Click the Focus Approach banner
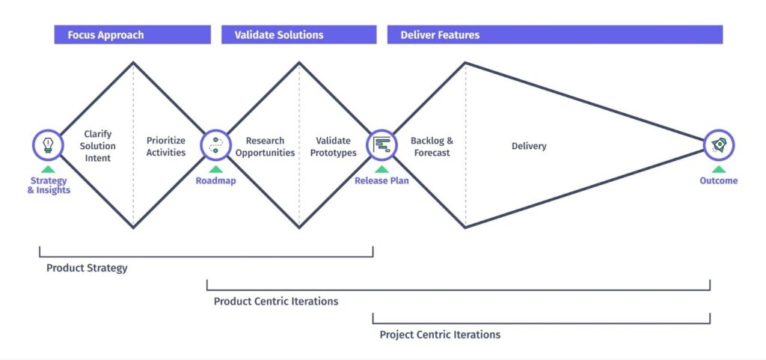pyautogui.click(x=132, y=35)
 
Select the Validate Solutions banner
pyautogui.click(x=298, y=35)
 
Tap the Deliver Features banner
pyautogui.click(x=554, y=35)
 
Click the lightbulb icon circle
pyautogui.click(x=48, y=144)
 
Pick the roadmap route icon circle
pyautogui.click(x=215, y=144)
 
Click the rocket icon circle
pyautogui.click(x=719, y=144)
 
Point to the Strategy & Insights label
pyautogui.click(x=48, y=185)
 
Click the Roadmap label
pyautogui.click(x=215, y=180)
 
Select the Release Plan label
pyautogui.click(x=382, y=180)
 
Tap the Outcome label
pyautogui.click(x=719, y=180)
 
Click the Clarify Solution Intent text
pyautogui.click(x=97, y=146)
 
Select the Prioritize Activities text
pyautogui.click(x=166, y=147)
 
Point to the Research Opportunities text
pyautogui.click(x=266, y=147)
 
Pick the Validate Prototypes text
pyautogui.click(x=333, y=147)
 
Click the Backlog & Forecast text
pyautogui.click(x=432, y=147)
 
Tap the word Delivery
pyautogui.click(x=529, y=146)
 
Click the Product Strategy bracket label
pyautogui.click(x=87, y=268)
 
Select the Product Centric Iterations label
pyautogui.click(x=276, y=301)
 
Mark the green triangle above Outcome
pyautogui.click(x=719, y=169)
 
